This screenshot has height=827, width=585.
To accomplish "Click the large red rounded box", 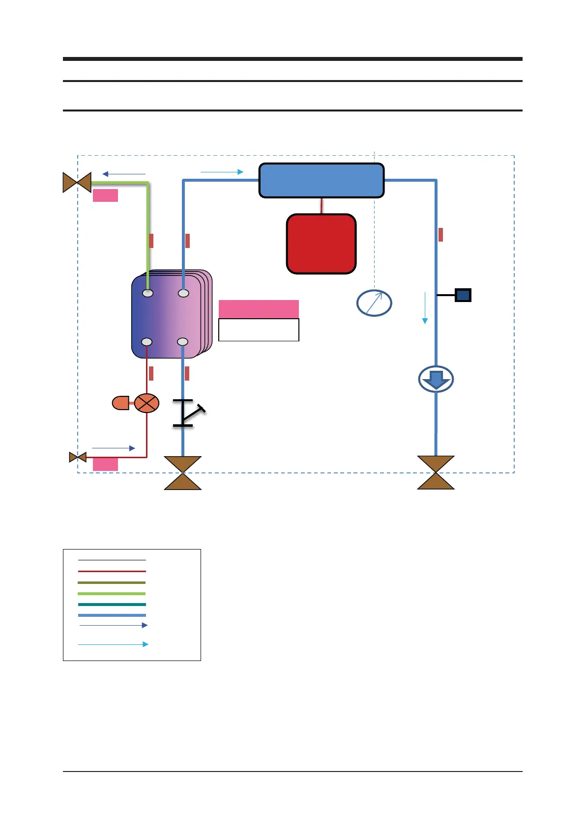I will [x=321, y=244].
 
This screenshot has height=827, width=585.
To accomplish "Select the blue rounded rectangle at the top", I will [x=321, y=181].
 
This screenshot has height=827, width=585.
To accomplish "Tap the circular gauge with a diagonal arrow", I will [x=374, y=303].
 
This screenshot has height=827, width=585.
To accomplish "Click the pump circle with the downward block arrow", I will [x=436, y=379].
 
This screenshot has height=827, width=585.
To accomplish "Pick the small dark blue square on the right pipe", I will [x=463, y=295].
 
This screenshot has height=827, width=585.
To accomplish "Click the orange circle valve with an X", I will [x=146, y=403].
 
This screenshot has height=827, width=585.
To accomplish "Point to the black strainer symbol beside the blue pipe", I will [x=187, y=413].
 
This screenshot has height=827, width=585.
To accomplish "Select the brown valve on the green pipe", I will [x=77, y=183].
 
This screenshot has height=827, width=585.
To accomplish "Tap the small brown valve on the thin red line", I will [x=78, y=457].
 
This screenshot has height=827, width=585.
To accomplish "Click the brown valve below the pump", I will [x=436, y=472].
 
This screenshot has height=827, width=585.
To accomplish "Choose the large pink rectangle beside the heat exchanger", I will [x=259, y=309].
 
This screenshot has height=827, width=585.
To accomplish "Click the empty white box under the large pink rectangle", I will [x=259, y=330].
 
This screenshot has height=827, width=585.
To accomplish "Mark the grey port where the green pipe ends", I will [x=147, y=293].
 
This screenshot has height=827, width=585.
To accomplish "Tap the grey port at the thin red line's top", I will [x=146, y=342].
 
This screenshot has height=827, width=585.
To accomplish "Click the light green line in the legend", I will [x=112, y=594].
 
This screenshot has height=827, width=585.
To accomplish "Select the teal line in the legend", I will [x=112, y=605].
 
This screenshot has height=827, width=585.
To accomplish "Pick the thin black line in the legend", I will [x=112, y=560].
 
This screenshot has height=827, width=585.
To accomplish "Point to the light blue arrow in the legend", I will [x=113, y=644].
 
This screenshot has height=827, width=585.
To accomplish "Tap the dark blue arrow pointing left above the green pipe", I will [x=124, y=174].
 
